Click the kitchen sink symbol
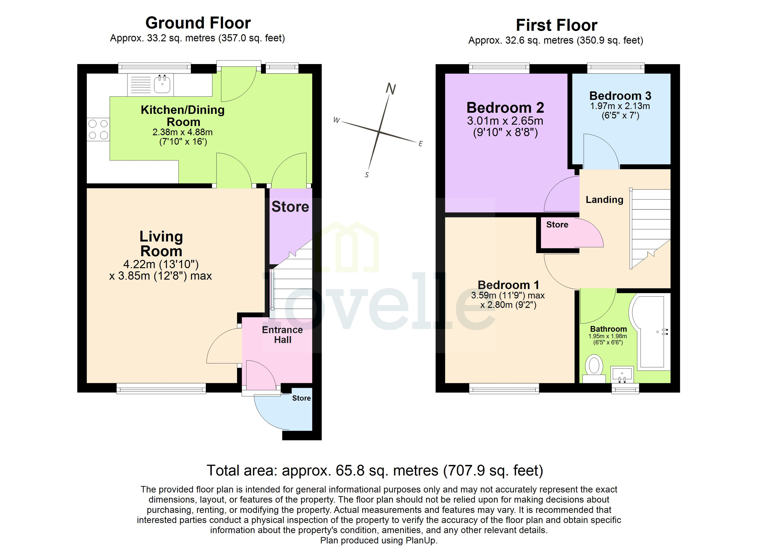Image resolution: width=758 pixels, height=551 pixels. click(162, 84)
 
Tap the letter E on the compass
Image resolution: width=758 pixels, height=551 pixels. click(420, 144)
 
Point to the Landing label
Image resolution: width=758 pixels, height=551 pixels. click(604, 200)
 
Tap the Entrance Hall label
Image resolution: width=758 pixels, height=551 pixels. click(282, 335)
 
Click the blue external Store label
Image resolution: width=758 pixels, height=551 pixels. click(301, 398)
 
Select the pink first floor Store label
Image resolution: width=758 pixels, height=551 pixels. click(557, 225)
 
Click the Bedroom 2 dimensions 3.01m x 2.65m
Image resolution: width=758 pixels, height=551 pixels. click(505, 121)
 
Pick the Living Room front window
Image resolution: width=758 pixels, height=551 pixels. click(161, 388)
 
